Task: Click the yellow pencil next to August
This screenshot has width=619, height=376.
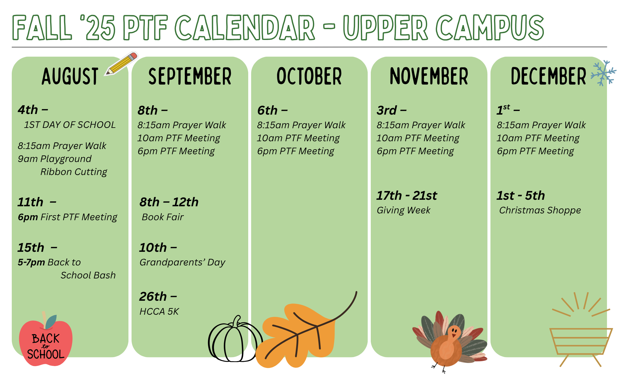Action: click(121, 64)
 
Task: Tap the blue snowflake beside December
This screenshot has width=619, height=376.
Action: click(603, 73)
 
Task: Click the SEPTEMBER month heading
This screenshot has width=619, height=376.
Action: click(190, 77)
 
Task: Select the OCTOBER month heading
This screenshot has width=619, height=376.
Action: click(309, 77)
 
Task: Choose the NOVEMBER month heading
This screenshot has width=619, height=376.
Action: click(429, 77)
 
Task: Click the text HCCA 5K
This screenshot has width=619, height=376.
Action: click(159, 311)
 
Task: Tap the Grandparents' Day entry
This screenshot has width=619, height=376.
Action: click(182, 262)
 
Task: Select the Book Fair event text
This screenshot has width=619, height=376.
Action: click(162, 217)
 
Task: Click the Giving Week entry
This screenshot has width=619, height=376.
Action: click(403, 210)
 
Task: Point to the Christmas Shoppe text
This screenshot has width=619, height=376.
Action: click(540, 210)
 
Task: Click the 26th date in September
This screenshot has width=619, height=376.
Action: click(153, 296)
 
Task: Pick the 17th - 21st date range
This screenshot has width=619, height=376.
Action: click(406, 195)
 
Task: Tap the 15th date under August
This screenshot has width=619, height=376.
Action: click(31, 247)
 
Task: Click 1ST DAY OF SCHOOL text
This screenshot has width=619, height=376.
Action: click(70, 125)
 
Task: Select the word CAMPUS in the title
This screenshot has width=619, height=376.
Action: click(490, 28)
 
